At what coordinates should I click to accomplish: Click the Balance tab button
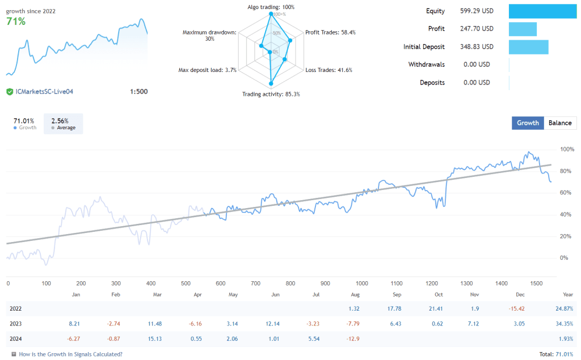pyautogui.click(x=561, y=123)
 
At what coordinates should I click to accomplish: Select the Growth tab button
pyautogui.click(x=528, y=123)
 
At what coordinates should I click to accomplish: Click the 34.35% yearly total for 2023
pyautogui.click(x=564, y=324)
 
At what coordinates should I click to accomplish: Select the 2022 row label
pyautogui.click(x=16, y=308)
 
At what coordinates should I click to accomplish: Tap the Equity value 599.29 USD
pyautogui.click(x=477, y=11)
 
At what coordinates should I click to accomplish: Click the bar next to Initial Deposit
pyautogui.click(x=528, y=47)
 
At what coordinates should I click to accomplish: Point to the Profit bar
pyautogui.click(x=523, y=29)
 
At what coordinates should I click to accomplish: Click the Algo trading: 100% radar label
pyautogui.click(x=271, y=7)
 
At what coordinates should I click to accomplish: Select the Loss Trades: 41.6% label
pyautogui.click(x=329, y=70)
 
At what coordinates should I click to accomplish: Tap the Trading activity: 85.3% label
pyautogui.click(x=271, y=94)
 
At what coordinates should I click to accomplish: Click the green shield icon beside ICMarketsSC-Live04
pyautogui.click(x=10, y=91)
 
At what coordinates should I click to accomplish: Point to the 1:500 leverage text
pyautogui.click(x=138, y=91)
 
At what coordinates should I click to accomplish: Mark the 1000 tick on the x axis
pyautogui.click(x=361, y=283)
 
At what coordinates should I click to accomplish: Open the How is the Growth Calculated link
pyautogui.click(x=70, y=354)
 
